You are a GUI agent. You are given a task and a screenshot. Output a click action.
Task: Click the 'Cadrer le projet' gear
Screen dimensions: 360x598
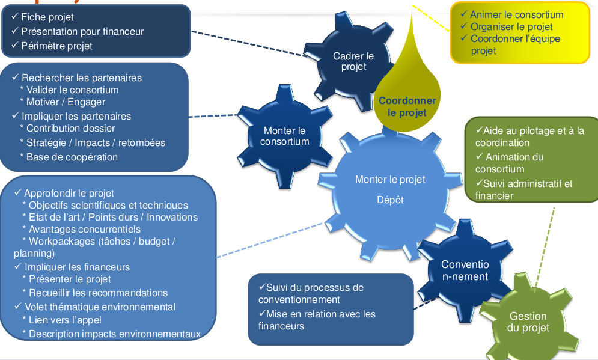[x=353, y=61]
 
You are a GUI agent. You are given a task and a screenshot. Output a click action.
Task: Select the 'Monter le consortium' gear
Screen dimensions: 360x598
[x=285, y=136]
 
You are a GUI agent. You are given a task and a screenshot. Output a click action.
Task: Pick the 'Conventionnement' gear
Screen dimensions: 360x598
[x=465, y=270]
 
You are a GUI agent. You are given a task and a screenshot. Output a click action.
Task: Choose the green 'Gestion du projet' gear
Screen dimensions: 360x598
[x=528, y=322]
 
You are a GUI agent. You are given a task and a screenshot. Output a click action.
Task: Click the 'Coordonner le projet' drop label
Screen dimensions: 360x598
[x=407, y=106]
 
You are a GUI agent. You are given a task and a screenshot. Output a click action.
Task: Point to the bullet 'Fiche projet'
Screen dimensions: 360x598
[x=47, y=17]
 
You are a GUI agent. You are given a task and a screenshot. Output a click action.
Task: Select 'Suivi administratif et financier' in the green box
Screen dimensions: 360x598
[x=523, y=189]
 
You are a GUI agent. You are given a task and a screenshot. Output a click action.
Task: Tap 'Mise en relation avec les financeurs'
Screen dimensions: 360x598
[x=317, y=320]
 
